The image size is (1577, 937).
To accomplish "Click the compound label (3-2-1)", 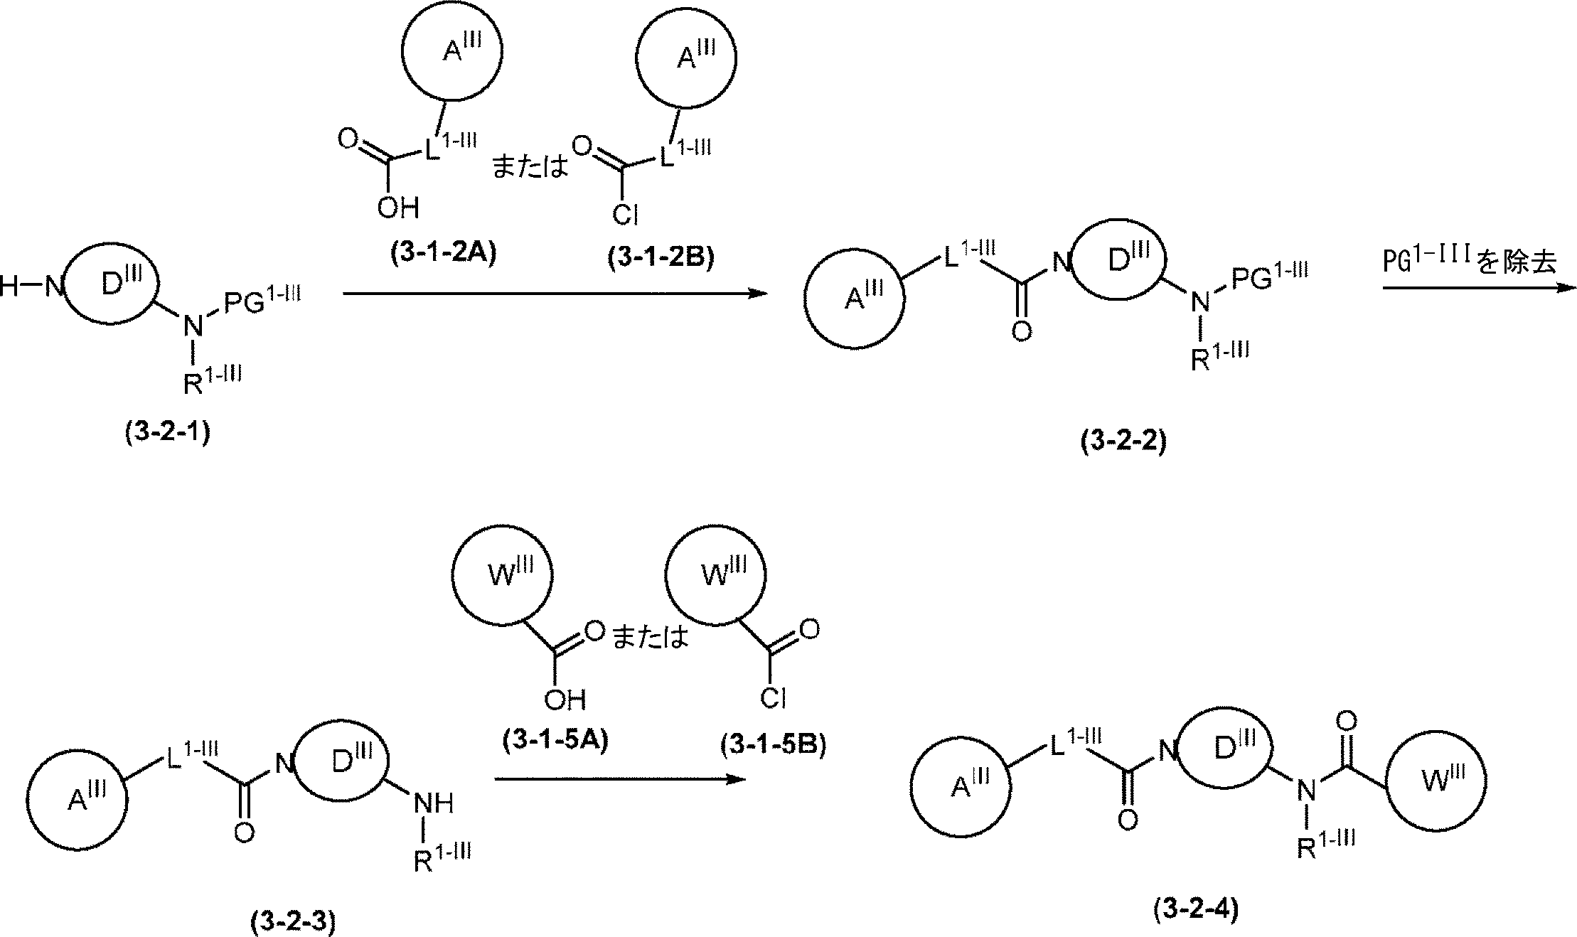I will pos(168,433).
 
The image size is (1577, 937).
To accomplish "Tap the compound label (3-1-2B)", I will pos(661,257).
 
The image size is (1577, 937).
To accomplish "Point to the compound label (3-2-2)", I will pos(1123,441).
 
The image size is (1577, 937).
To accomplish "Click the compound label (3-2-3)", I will pos(293,922).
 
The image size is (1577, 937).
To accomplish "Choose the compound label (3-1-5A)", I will pos(555,741).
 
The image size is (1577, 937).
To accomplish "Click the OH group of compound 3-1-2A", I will pos(398,208).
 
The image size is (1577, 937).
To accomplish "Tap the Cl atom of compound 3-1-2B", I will pos(624,213).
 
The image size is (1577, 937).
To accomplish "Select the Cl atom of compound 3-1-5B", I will pos(772,698).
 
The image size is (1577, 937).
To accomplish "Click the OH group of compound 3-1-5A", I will pos(565,700).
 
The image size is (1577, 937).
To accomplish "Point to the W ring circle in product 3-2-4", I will pos(1436,782).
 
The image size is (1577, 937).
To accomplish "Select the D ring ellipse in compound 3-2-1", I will pos(113,286).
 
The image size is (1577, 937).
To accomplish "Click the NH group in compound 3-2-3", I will pos(434,803).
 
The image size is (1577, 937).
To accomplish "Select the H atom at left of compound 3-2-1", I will pos(10,287).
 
